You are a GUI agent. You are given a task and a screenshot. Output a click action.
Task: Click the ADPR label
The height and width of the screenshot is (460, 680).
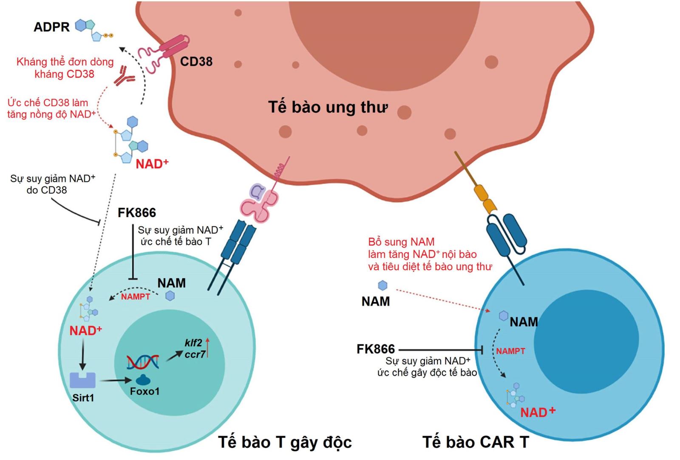(x=51, y=27)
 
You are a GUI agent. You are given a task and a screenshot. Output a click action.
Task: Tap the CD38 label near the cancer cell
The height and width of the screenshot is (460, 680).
(x=196, y=62)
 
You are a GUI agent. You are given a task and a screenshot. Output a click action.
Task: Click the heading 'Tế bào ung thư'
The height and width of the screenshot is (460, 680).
(x=328, y=107)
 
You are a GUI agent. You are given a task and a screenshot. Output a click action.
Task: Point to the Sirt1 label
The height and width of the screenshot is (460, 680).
(x=83, y=398)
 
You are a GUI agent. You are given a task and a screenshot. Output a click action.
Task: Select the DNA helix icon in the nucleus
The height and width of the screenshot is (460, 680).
(x=143, y=361)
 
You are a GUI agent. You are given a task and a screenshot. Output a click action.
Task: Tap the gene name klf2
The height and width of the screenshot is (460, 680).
(x=193, y=343)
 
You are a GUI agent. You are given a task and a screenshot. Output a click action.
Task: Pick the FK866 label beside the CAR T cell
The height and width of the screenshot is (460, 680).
(x=376, y=349)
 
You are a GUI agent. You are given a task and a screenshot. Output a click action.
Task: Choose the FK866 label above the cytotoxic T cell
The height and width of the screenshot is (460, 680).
(x=137, y=212)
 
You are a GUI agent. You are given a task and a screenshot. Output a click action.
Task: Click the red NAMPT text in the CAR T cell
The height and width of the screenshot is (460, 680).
(x=510, y=351)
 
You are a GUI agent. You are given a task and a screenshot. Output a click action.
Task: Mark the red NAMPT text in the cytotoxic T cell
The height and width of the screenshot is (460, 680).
(x=136, y=297)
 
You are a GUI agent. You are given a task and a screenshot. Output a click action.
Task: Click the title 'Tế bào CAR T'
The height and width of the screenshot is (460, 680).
(x=476, y=442)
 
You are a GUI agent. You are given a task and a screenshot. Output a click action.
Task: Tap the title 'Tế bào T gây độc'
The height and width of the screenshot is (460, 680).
(x=285, y=442)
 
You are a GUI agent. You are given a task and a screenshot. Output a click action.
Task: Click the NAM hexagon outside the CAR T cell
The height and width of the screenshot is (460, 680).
(x=383, y=285)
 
